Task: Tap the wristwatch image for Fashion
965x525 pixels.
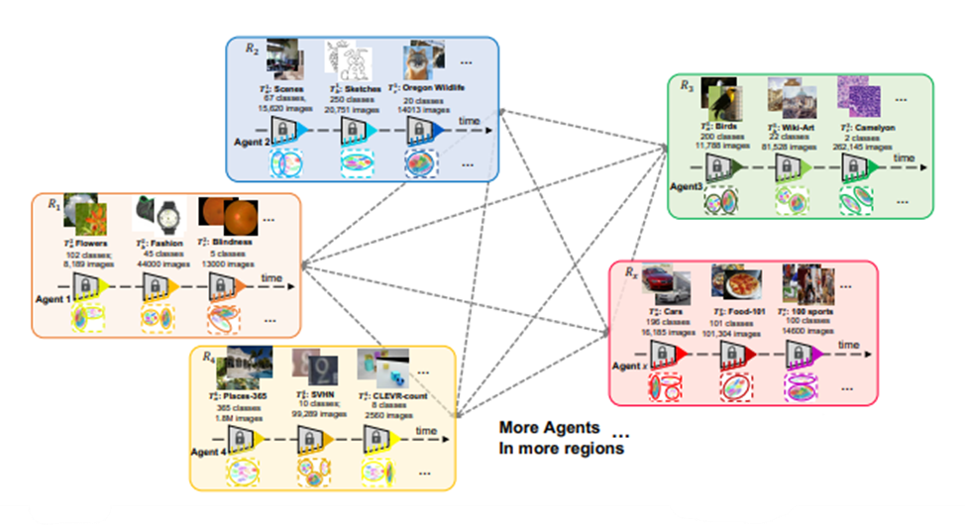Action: click(x=160, y=212)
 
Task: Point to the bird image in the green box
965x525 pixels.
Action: click(x=719, y=98)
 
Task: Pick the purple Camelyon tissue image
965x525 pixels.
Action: click(x=857, y=96)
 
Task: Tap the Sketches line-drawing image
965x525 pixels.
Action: click(x=350, y=61)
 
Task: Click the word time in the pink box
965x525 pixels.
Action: click(x=849, y=344)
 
